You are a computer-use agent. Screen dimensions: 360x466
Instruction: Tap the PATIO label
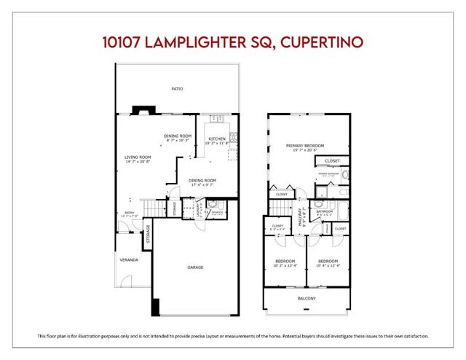tap(177, 89)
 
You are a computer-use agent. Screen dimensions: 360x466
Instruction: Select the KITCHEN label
tap(218, 138)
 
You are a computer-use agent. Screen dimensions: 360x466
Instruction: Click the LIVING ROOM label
tap(138, 157)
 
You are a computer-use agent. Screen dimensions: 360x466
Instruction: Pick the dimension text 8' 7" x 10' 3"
tap(177, 140)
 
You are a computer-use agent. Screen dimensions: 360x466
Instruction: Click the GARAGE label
tap(195, 267)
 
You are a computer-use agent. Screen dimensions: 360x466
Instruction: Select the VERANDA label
tap(130, 259)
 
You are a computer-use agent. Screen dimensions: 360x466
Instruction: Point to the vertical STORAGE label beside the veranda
tap(148, 237)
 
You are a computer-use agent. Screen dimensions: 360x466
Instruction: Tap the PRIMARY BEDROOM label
tap(304, 145)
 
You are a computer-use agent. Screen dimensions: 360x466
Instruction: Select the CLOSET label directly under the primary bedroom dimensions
tap(332, 160)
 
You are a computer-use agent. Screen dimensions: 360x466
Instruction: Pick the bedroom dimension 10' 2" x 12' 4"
tap(285, 266)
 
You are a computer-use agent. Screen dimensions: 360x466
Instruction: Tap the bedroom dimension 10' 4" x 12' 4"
tap(328, 266)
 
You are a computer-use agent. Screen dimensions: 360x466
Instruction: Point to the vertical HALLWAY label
tap(302, 219)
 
